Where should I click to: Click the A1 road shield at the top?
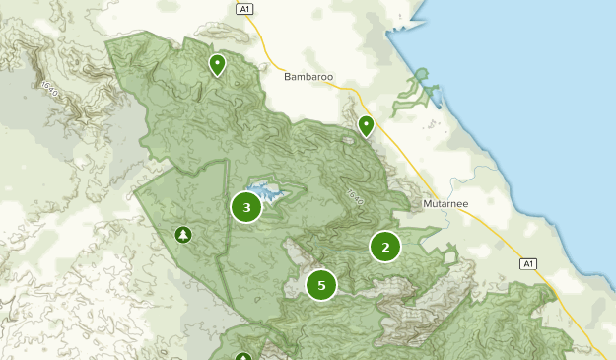pyautogui.click(x=245, y=9)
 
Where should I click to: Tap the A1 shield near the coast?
pyautogui.click(x=527, y=263)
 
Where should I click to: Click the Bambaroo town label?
pyautogui.click(x=309, y=76)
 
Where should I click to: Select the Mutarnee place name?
pyautogui.click(x=446, y=204)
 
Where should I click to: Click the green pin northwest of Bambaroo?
pyautogui.click(x=217, y=65)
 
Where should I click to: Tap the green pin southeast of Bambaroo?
pyautogui.click(x=366, y=125)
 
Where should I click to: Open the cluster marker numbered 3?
pyautogui.click(x=245, y=207)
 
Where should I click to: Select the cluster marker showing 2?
pyautogui.click(x=385, y=247)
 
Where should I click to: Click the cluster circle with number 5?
pyautogui.click(x=321, y=285)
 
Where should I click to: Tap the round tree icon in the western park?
pyautogui.click(x=182, y=234)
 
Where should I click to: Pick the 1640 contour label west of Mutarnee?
pyautogui.click(x=353, y=196)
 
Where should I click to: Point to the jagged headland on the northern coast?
pyautogui.click(x=405, y=25)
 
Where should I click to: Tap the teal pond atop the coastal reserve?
pyautogui.click(x=423, y=73)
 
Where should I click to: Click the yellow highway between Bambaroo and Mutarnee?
pyautogui.click(x=394, y=148)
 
